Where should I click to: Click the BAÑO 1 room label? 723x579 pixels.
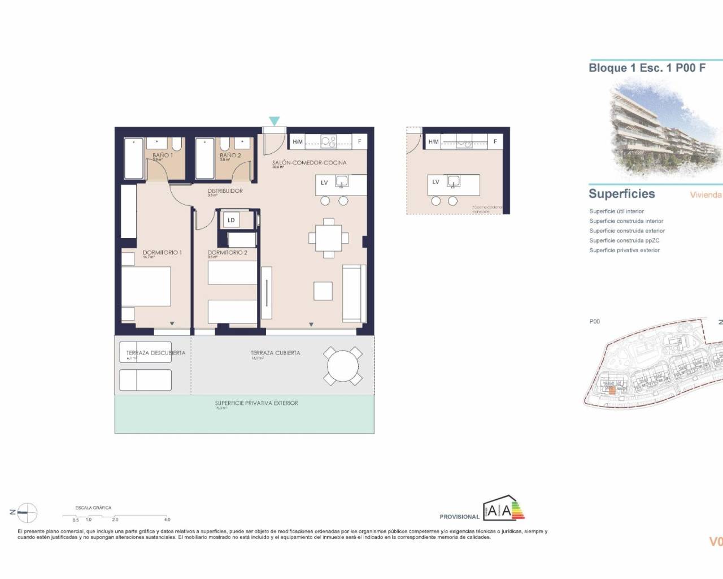[x=163, y=155]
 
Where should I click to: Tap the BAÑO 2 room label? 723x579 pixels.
[x=230, y=155]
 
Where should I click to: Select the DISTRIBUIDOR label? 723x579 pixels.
[x=225, y=191]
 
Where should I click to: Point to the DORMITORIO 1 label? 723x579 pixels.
[x=162, y=253]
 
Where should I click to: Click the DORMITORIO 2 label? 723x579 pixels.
[x=227, y=253]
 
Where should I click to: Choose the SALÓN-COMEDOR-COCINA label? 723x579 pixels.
[x=309, y=163]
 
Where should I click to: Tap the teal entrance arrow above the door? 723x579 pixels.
[x=274, y=120]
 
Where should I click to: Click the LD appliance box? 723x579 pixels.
[x=231, y=221]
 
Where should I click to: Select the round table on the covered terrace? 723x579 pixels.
[x=342, y=366]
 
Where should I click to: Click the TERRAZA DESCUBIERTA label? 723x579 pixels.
[x=156, y=353]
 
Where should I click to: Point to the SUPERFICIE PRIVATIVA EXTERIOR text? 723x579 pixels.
[x=256, y=403]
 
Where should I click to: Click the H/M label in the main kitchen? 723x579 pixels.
[x=298, y=141]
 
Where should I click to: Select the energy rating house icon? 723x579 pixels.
[x=503, y=509]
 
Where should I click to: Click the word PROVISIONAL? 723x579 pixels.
[x=459, y=517]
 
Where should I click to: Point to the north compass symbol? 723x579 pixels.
[x=27, y=512]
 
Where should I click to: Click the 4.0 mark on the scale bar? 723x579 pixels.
[x=167, y=519]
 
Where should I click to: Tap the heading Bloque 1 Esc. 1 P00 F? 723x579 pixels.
[x=647, y=68]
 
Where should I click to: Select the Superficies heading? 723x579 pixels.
[x=621, y=194]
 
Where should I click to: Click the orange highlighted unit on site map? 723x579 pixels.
[x=611, y=390]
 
